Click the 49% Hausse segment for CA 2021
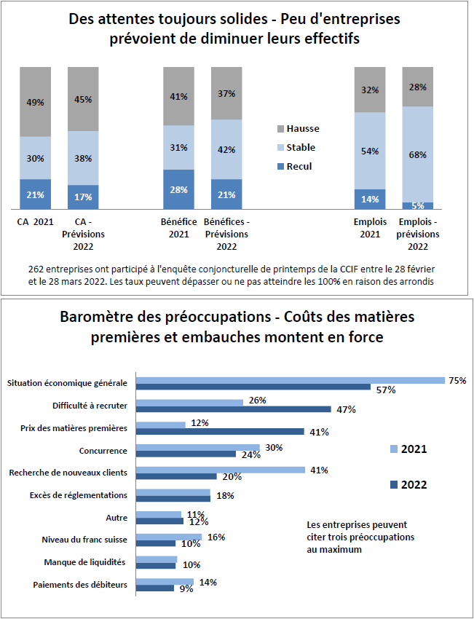point(36,102)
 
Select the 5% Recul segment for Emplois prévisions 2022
point(417,205)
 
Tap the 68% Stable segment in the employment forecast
point(417,154)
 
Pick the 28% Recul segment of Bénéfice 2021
point(179,189)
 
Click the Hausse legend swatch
point(280,129)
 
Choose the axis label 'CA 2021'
point(35,222)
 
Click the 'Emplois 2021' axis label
point(370,228)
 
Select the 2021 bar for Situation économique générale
point(291,380)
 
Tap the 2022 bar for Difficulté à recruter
point(234,409)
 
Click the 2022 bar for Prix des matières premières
point(220,432)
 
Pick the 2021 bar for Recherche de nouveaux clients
point(221,470)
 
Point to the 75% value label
point(457,381)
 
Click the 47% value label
point(346,410)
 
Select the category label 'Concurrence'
point(103,451)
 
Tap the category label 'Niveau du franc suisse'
point(84,540)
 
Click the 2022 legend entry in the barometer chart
point(408,485)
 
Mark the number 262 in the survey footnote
point(36,269)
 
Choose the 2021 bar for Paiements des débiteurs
point(165,582)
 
